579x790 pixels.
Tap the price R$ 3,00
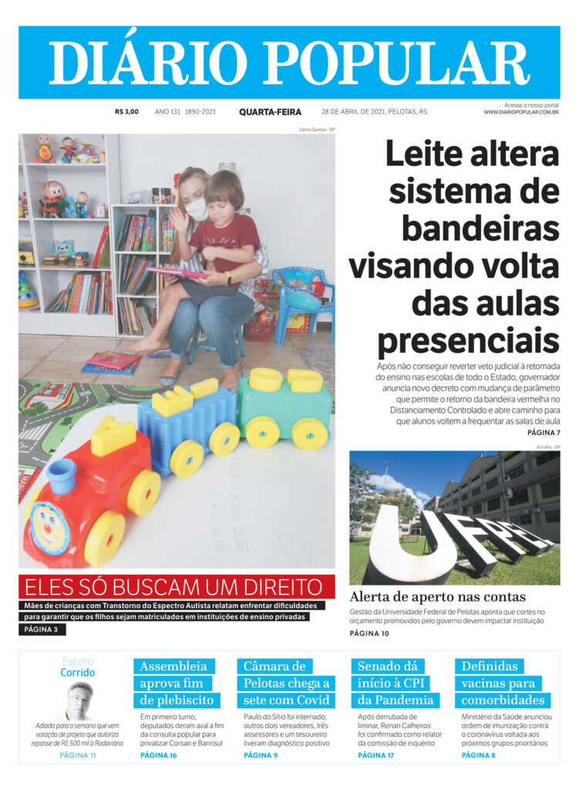click(126, 112)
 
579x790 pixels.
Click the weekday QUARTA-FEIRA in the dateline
click(270, 112)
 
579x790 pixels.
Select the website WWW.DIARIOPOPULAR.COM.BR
click(521, 113)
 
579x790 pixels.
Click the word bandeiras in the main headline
click(480, 228)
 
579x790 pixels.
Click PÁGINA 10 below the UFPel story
click(369, 633)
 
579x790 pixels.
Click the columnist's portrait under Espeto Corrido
click(78, 701)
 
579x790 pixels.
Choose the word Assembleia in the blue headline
click(173, 666)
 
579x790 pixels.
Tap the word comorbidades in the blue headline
click(503, 701)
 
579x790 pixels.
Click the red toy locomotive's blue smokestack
click(61, 476)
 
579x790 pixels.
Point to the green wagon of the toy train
click(284, 409)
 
